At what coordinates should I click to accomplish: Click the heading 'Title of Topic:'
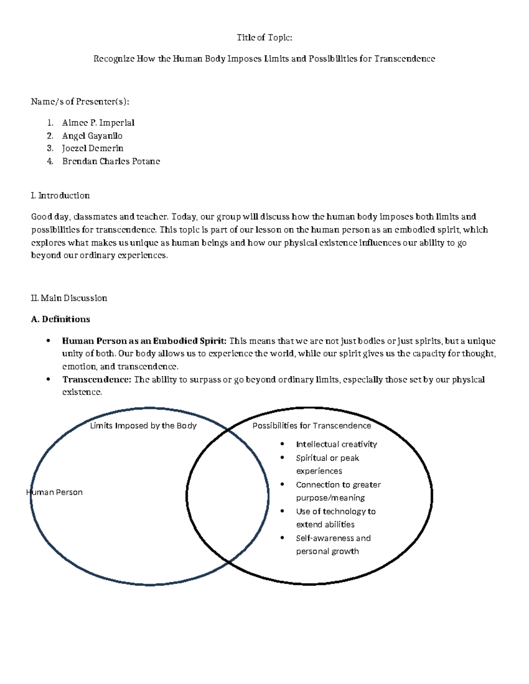pos(264,37)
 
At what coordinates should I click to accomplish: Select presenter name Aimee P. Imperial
pos(98,123)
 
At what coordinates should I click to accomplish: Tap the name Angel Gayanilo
pos(92,136)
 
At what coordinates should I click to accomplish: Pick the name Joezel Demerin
pos(93,148)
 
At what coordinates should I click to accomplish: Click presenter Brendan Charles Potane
pos(111,161)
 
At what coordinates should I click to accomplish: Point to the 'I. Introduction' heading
pos(60,196)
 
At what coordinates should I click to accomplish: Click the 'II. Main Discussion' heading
pos(69,298)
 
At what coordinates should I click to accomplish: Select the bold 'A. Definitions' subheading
pos(60,319)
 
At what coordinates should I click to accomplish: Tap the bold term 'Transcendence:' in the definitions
pos(97,380)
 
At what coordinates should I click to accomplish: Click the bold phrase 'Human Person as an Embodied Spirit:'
pos(144,341)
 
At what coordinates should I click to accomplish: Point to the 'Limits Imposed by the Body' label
pos(143,425)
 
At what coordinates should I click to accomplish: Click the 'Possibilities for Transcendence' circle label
pos(312,425)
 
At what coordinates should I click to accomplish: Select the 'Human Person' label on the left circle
pos(55,492)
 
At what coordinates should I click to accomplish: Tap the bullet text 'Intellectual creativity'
pos(336,444)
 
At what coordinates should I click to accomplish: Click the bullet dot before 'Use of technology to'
pos(283,511)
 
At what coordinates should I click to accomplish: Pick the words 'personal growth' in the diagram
pos(327,551)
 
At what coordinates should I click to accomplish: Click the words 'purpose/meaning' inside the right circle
pos(330,498)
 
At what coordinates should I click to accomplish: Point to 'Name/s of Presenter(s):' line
pos(80,102)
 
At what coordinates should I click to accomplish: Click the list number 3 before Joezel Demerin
pos(50,148)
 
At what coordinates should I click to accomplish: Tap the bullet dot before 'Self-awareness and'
pos(283,538)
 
